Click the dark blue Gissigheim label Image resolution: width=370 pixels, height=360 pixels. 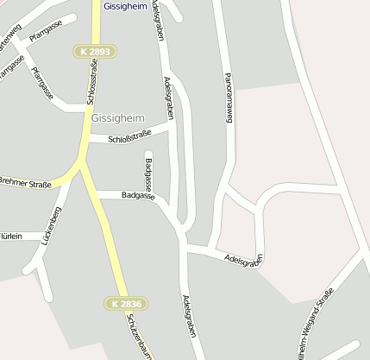pyautogui.click(x=125, y=6)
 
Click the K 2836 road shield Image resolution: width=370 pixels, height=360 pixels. pyautogui.click(x=126, y=303)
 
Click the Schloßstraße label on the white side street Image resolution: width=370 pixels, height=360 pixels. pyautogui.click(x=129, y=136)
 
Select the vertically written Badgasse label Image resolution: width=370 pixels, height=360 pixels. pyautogui.click(x=149, y=174)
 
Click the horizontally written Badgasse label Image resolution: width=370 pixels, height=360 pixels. pyautogui.click(x=138, y=196)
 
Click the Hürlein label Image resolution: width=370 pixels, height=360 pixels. pyautogui.click(x=10, y=236)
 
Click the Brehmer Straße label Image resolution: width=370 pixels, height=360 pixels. pyautogui.click(x=25, y=184)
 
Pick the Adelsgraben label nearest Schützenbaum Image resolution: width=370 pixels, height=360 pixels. pyautogui.click(x=187, y=319)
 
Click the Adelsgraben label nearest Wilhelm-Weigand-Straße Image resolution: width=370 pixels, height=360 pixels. pyautogui.click(x=243, y=258)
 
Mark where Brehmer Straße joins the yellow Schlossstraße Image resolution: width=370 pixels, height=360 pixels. pyautogui.click(x=81, y=163)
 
